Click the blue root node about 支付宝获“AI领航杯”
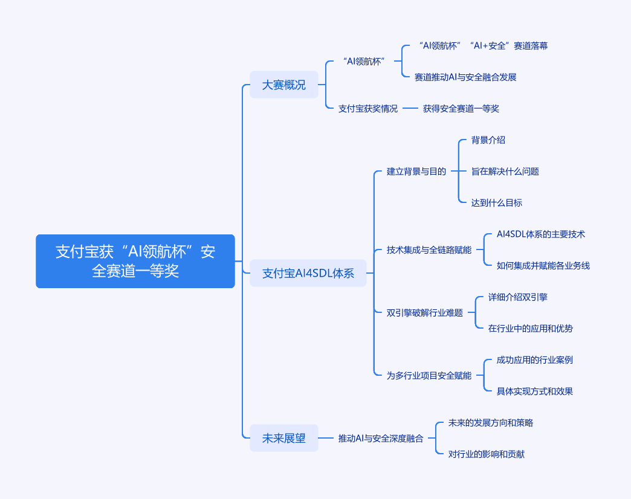point(135,261)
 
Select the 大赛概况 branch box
point(283,85)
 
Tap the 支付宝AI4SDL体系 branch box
point(308,273)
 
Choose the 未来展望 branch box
point(283,439)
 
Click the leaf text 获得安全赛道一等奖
point(461,109)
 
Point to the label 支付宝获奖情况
point(367,109)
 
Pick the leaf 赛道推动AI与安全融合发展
point(465,77)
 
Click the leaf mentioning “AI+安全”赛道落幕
point(482,46)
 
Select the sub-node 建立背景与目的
point(416,172)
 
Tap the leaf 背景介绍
point(488,140)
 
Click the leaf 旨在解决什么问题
point(505,172)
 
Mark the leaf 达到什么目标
point(496,203)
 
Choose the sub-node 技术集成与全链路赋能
point(429,250)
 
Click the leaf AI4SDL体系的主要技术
point(540,234)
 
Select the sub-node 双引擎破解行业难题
point(424,313)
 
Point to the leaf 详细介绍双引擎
point(517,297)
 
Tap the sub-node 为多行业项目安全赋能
point(429,376)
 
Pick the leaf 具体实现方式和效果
point(534,391)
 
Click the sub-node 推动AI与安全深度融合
point(380,439)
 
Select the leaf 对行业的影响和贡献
point(486,454)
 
